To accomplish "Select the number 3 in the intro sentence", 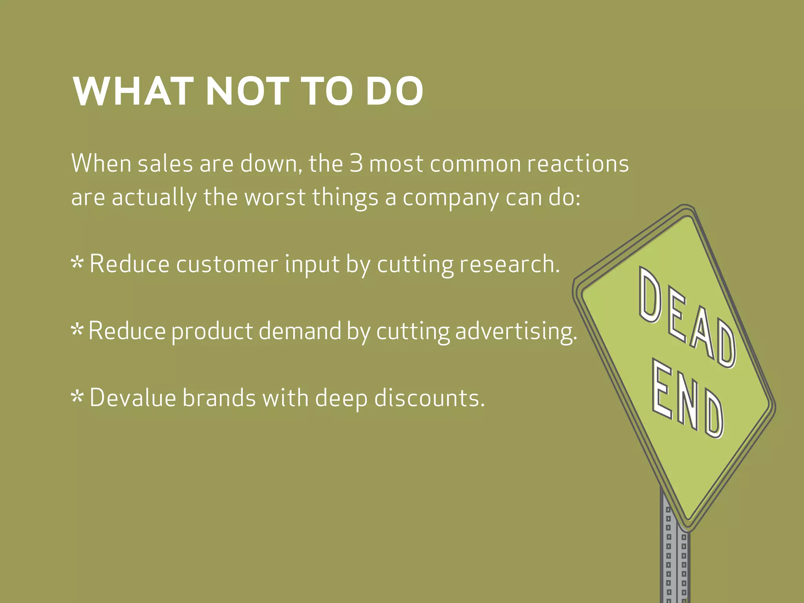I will tap(356, 163).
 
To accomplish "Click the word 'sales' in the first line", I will tap(165, 163).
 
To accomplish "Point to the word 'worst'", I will tap(275, 197).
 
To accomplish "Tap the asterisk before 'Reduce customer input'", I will tap(77, 263).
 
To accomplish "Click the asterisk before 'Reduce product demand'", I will tap(77, 330).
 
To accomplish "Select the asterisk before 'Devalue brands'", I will tap(77, 397).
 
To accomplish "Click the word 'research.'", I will tap(510, 264).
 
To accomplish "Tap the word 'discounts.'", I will tap(429, 398).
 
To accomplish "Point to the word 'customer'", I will tap(227, 264).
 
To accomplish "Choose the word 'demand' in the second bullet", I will tap(300, 331).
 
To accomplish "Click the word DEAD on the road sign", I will tap(687, 318).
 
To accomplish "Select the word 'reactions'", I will tap(578, 163).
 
